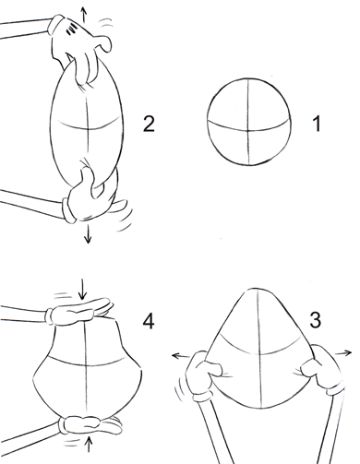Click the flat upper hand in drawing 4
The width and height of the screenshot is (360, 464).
point(80,310)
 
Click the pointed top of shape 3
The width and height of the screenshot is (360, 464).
point(256,295)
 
